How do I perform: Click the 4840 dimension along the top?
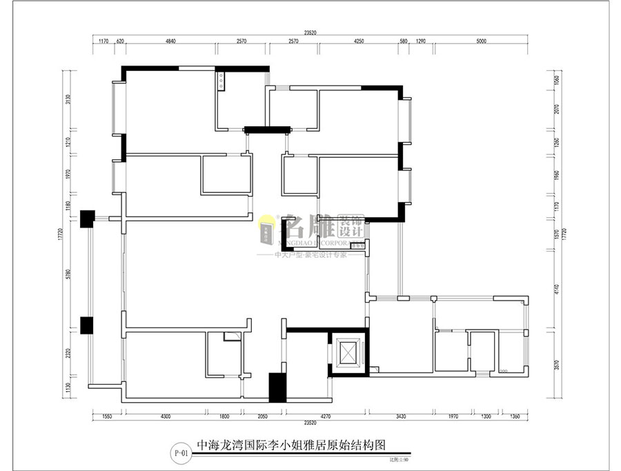pyautogui.click(x=170, y=41)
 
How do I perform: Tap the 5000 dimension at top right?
pyautogui.click(x=481, y=41)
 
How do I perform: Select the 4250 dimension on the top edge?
pyautogui.click(x=359, y=41)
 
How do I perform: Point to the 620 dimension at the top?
pyautogui.click(x=120, y=41)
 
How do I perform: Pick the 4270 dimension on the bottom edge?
pyautogui.click(x=327, y=417)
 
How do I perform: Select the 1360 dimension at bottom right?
pyautogui.click(x=515, y=417)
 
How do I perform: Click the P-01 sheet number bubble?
pyautogui.click(x=181, y=453)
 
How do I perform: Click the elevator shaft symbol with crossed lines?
pyautogui.click(x=348, y=353)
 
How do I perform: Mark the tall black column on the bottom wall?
pyautogui.click(x=277, y=387)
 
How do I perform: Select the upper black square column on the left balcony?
pyautogui.click(x=87, y=219)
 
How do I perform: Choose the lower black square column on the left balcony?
pyautogui.click(x=87, y=325)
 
